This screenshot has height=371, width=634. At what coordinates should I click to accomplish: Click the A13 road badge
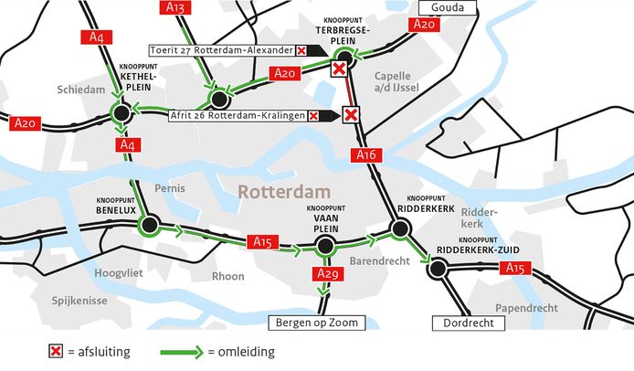178,8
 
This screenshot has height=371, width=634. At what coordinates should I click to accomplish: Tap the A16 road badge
366,156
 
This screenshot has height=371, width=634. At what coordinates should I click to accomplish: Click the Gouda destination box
448,8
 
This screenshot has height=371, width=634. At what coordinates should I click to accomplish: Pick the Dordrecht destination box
464,323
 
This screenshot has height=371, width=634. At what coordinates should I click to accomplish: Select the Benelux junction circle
150,223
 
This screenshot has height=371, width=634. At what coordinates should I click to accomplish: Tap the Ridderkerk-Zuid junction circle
438,268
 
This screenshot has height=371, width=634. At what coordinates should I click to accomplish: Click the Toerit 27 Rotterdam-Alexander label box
225,49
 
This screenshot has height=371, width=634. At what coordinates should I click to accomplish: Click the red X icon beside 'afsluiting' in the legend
58,351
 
